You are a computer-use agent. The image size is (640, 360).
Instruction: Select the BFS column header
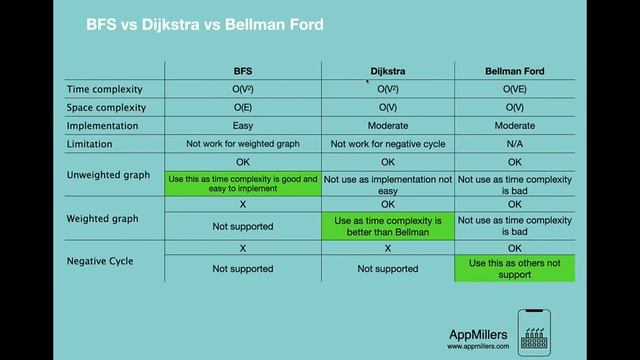point(243,71)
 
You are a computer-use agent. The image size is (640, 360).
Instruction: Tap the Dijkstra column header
point(388,71)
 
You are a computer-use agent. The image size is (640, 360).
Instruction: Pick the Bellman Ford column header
point(514,71)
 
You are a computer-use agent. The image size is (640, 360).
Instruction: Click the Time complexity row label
point(105,89)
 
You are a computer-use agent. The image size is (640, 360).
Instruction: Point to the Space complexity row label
point(106,108)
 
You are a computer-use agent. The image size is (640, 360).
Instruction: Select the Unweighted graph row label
point(108,175)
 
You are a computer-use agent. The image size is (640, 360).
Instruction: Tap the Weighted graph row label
point(102,218)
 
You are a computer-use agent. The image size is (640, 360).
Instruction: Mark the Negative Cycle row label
point(100,261)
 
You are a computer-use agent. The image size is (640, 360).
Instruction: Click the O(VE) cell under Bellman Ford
point(514,89)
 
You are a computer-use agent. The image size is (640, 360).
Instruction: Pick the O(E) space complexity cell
point(243,108)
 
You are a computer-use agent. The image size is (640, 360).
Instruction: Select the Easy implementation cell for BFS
point(243,126)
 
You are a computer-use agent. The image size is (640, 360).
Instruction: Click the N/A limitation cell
point(514,144)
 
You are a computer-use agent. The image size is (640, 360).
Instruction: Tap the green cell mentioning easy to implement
point(243,183)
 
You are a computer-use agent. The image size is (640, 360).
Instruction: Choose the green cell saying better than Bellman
point(388,226)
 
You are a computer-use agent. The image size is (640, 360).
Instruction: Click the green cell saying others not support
point(514,269)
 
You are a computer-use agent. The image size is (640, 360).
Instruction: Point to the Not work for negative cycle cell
point(388,144)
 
